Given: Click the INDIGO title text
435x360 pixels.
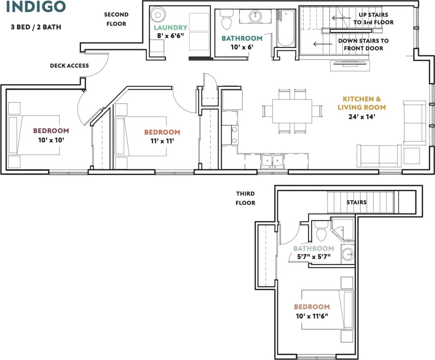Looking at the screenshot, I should (36, 6).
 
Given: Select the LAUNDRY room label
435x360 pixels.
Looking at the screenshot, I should (170, 27).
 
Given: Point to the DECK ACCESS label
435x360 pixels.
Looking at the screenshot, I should (69, 66).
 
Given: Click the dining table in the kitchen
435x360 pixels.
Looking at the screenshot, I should (292, 111).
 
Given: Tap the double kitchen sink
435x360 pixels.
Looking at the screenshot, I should (273, 161).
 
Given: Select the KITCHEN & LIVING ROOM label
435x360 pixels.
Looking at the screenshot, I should (364, 103).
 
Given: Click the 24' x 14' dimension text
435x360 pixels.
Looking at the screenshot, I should (364, 117).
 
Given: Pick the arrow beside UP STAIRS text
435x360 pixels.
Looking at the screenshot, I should (338, 18).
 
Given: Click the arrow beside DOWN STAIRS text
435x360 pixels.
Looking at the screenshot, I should (320, 44).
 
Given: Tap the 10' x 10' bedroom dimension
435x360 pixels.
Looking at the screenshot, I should (51, 140).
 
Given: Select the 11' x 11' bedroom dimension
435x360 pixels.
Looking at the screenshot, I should (162, 141).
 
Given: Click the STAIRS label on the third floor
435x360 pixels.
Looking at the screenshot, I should (356, 202).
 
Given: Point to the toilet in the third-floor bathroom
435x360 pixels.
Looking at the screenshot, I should (321, 231).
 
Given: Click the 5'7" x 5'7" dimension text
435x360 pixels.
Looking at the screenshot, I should (313, 257).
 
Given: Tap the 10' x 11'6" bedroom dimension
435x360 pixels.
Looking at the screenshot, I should (312, 316).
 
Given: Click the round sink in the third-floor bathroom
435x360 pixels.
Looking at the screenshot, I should (348, 254).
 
